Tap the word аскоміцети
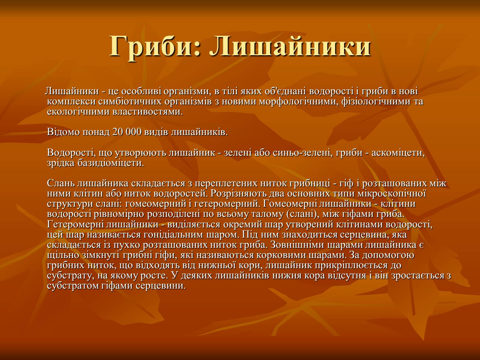[398, 153]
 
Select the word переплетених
[226, 183]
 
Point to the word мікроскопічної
[391, 193]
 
